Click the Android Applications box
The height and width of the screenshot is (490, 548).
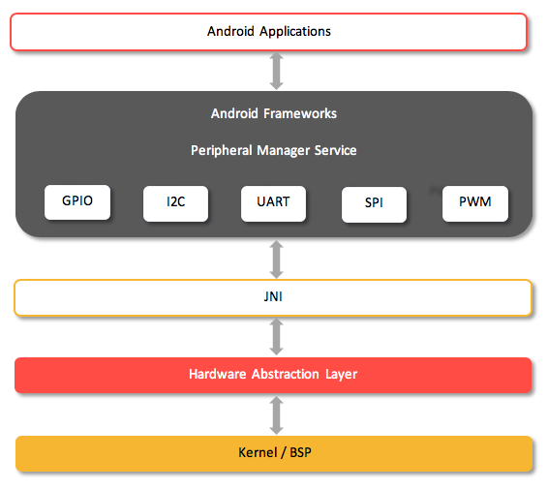tap(268, 31)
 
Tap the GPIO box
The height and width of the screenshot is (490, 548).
tap(77, 201)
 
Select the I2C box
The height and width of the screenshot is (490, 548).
tap(175, 202)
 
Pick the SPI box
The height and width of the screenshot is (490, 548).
tap(374, 204)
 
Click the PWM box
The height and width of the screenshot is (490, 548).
tap(474, 202)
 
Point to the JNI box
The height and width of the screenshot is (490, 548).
tap(273, 298)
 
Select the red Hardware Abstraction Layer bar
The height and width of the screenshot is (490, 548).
tap(273, 375)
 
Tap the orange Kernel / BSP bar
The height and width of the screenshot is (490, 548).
tap(273, 453)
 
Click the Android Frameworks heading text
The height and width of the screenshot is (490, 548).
tap(274, 113)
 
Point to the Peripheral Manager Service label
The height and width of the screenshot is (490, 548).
tap(274, 150)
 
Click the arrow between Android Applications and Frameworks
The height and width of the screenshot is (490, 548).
tap(276, 71)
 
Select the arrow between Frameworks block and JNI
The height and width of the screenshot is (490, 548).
tap(276, 259)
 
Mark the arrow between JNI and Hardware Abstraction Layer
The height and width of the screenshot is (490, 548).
tap(276, 336)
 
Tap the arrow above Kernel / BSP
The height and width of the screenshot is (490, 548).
tap(276, 414)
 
